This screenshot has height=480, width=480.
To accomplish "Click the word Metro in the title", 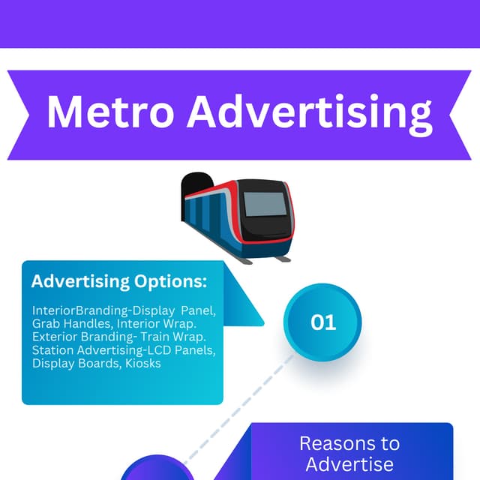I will click(x=110, y=112).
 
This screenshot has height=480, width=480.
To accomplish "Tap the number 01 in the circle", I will click(x=323, y=322).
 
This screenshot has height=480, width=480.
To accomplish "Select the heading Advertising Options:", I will click(x=119, y=282).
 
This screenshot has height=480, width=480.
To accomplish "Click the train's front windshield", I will click(x=265, y=204).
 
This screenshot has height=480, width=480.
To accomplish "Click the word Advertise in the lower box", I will click(x=349, y=463).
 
